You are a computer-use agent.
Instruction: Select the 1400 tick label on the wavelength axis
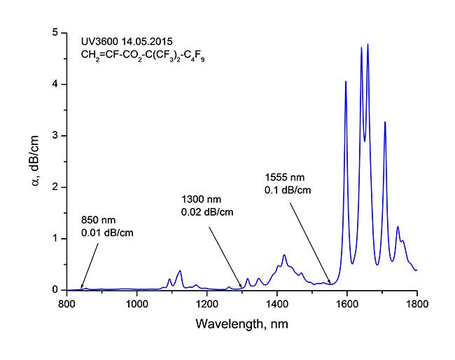tap(277, 305)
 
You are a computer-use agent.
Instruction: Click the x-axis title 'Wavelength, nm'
tap(241, 324)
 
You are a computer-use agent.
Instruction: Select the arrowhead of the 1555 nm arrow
tap(330, 282)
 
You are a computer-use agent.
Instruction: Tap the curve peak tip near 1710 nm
tap(385, 123)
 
